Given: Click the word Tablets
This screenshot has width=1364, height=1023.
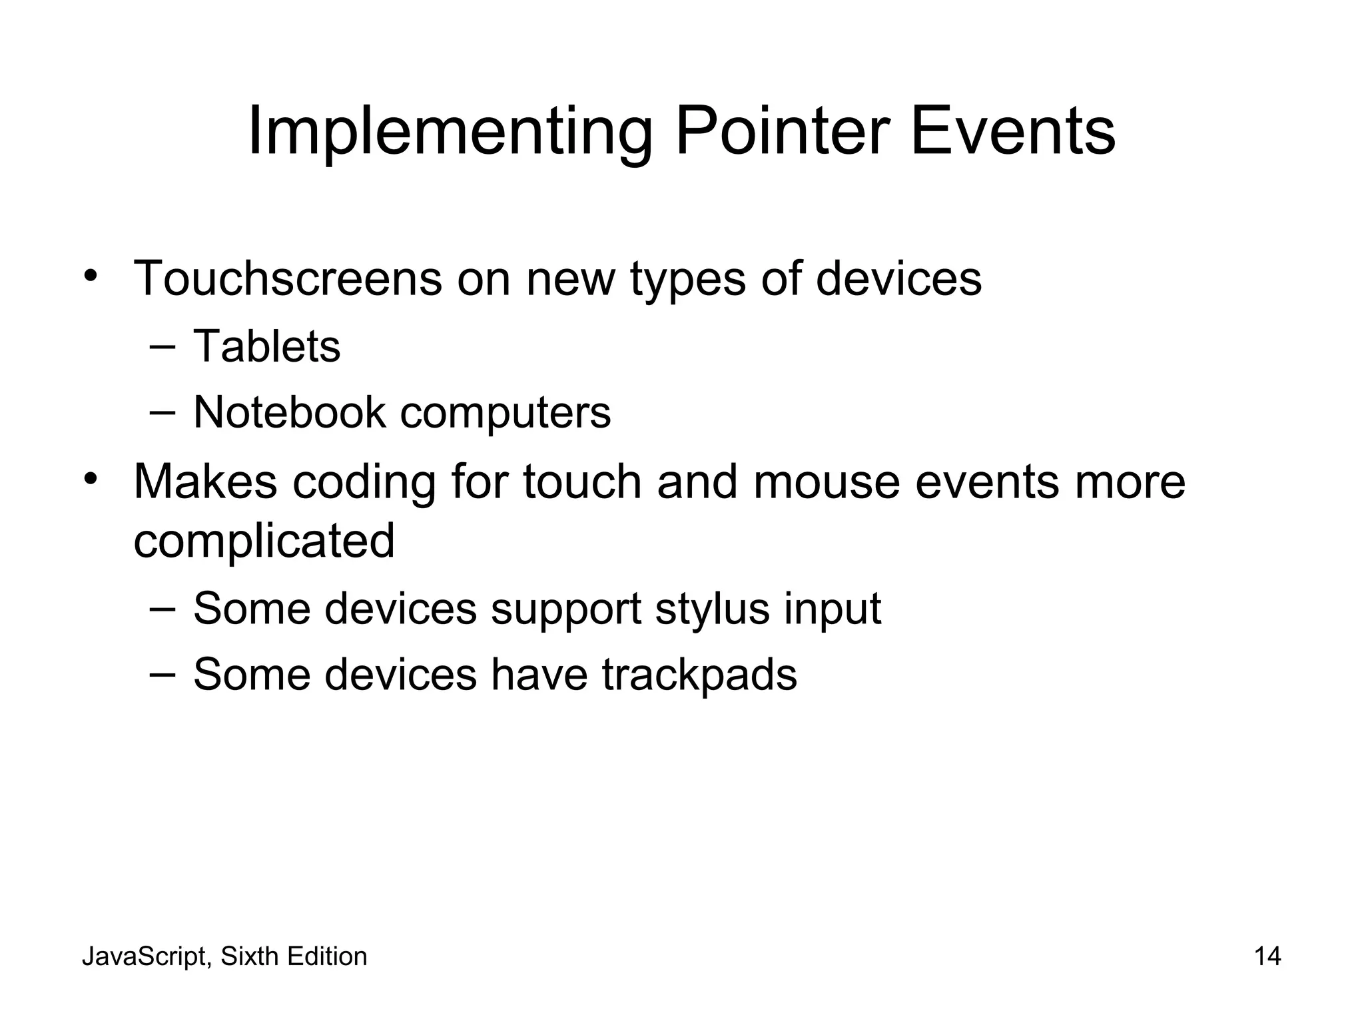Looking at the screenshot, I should click(x=266, y=346).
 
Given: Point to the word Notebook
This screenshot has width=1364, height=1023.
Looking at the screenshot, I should click(x=289, y=412).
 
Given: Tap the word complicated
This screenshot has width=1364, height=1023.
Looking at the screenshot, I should click(x=264, y=541).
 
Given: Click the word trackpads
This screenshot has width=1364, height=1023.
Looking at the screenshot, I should click(x=699, y=675).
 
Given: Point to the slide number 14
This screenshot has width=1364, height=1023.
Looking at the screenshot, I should click(x=1267, y=956).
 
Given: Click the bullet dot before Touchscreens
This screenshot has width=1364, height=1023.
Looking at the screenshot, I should click(x=91, y=276).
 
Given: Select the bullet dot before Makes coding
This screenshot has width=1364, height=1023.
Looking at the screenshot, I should click(x=91, y=479).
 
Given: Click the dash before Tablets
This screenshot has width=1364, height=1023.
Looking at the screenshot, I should click(x=163, y=346).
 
